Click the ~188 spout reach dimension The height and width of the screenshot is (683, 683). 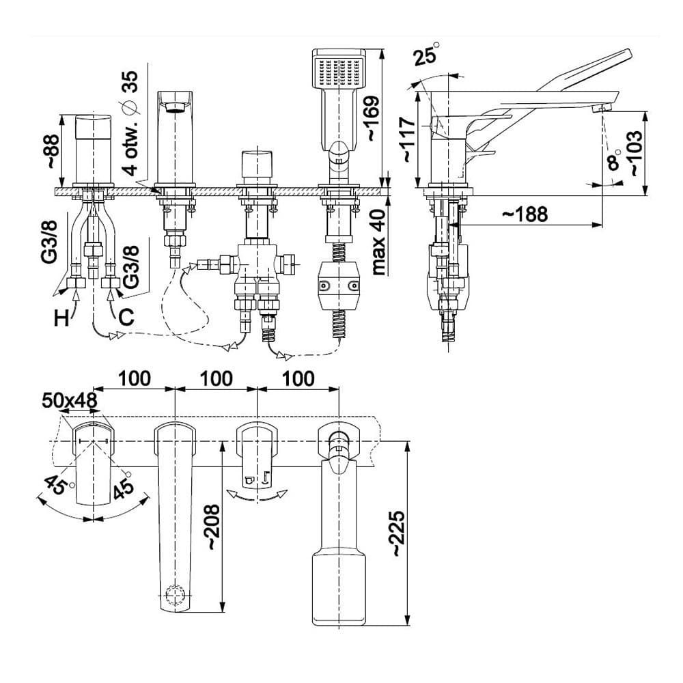tap(524, 214)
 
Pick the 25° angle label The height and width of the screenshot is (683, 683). tap(426, 56)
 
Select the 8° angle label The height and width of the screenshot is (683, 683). tap(613, 161)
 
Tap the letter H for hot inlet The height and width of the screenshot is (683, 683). tap(62, 318)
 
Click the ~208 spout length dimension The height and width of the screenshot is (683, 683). tap(212, 528)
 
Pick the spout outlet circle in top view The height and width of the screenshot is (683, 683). tap(176, 594)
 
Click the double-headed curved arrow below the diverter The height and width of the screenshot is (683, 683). tap(257, 497)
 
